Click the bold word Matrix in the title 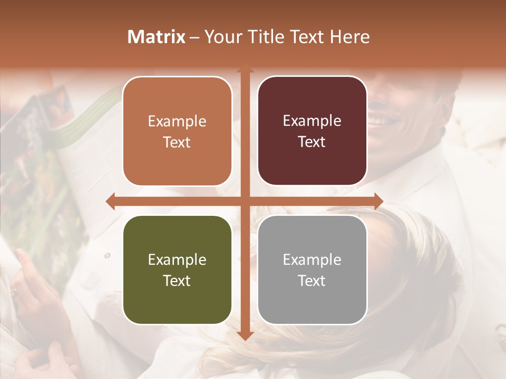[x=157, y=37]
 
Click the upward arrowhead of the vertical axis [x=245, y=68]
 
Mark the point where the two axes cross [x=245, y=201]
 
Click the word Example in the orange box [x=177, y=122]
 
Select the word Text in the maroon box [x=312, y=142]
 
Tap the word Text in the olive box [x=177, y=281]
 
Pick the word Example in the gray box [x=312, y=260]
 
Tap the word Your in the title [x=221, y=37]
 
